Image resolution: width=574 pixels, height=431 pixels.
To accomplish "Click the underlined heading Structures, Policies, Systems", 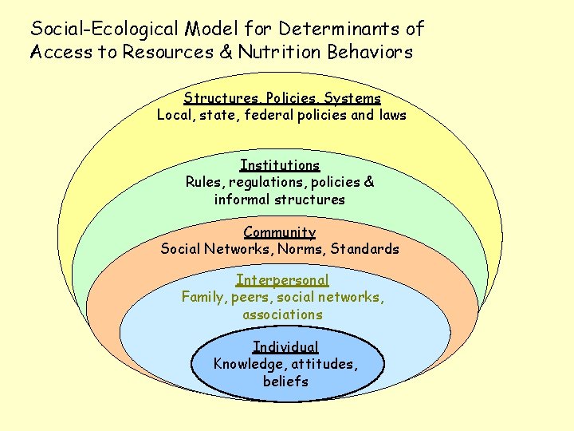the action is pos(282,98).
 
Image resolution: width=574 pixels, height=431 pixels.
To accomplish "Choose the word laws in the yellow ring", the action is pos(392,115).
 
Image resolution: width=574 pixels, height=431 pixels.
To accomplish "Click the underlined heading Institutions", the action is pos(280,165).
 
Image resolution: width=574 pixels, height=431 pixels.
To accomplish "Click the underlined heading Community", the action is pos(280,232).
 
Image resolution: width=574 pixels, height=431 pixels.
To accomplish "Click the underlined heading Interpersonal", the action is pos(282,280).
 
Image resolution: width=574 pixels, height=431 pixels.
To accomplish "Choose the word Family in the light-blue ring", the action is pos(203,297).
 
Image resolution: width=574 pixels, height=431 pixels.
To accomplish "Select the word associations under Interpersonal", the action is pos(283,314).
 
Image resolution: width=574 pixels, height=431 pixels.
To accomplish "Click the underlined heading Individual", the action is pos(285,346).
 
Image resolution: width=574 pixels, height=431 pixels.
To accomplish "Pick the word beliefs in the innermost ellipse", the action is pos(285,381).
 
